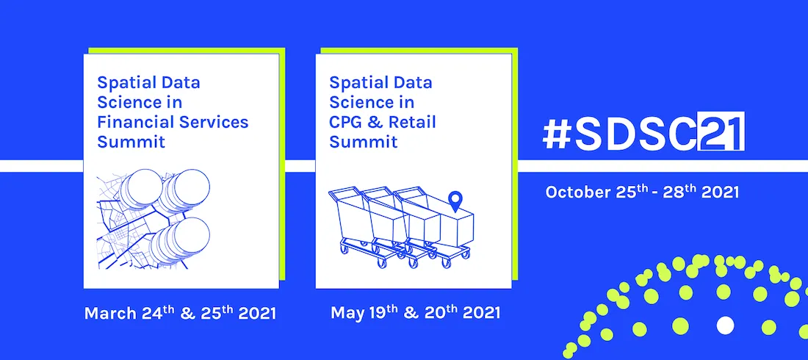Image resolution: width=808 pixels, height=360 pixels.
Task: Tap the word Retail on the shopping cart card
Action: (x=411, y=121)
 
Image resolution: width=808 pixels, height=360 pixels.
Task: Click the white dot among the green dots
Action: (x=725, y=325)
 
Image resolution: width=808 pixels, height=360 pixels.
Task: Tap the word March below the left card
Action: (x=109, y=314)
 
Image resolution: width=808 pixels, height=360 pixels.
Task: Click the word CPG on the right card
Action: (x=347, y=121)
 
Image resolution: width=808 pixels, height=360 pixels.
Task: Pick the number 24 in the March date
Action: (x=151, y=314)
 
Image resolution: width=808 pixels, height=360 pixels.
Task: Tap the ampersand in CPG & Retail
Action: (x=379, y=121)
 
